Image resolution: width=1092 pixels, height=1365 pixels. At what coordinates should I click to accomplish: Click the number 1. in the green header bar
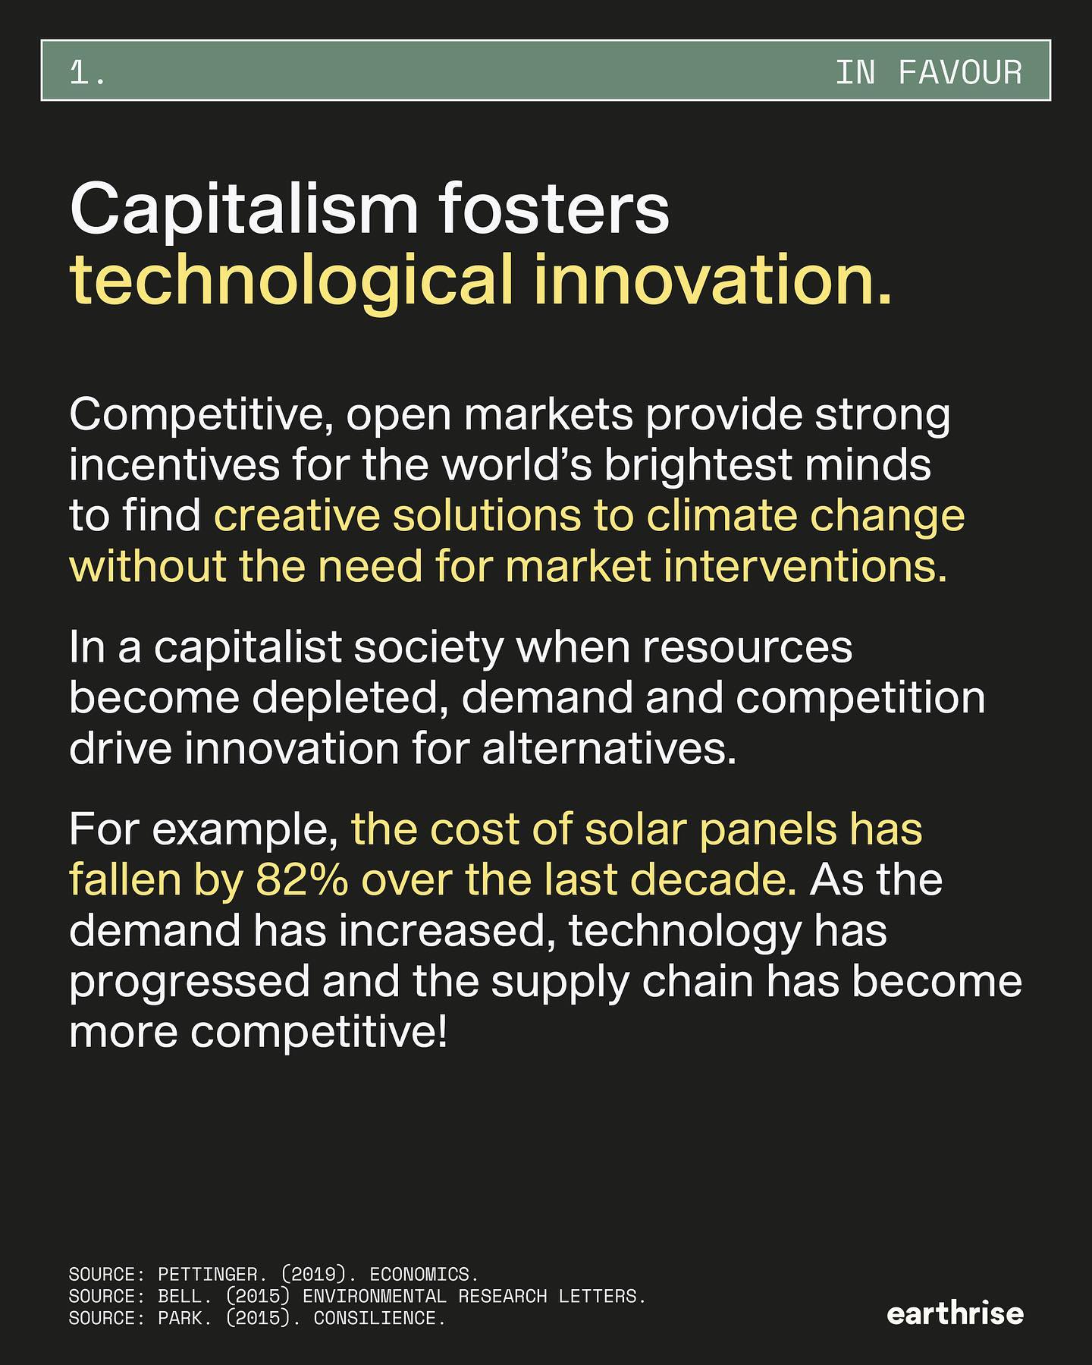(x=87, y=73)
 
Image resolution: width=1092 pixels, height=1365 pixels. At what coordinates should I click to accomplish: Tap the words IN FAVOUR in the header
(x=928, y=73)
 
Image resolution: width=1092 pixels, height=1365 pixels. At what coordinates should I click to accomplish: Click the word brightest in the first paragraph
(x=698, y=466)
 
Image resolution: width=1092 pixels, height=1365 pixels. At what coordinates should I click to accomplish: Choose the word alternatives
(x=608, y=750)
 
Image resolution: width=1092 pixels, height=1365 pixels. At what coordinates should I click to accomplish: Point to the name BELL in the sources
(x=180, y=1297)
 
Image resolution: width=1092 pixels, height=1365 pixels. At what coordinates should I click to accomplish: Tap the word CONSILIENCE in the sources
(x=375, y=1319)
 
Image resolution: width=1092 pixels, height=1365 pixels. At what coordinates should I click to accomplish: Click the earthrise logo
(x=955, y=1313)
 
